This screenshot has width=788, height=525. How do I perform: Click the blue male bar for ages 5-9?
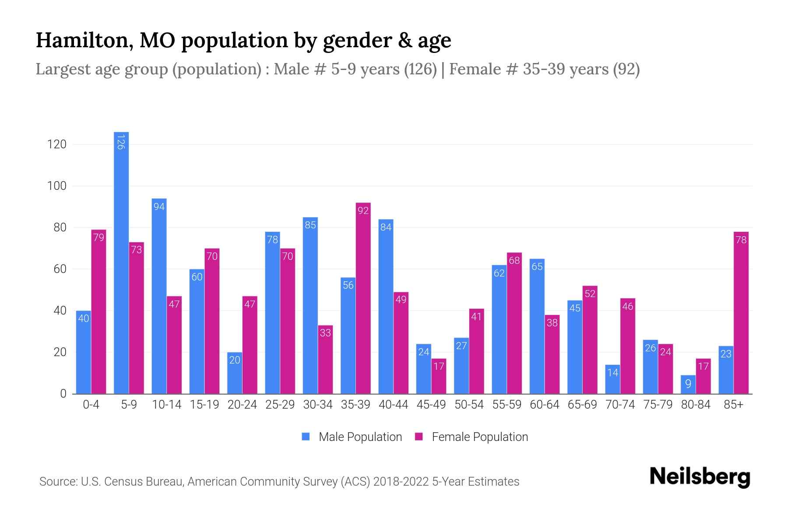point(121,262)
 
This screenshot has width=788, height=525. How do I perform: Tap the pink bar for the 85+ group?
point(741,315)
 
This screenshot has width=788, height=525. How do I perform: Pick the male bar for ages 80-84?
point(688,385)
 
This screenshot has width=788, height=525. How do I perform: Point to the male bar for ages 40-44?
point(386,306)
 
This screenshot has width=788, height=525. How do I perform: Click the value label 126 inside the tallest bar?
point(121,142)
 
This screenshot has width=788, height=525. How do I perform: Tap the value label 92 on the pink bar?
point(363,211)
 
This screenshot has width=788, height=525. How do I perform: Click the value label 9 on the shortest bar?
point(688,384)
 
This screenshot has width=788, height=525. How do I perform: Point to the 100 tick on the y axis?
point(57,186)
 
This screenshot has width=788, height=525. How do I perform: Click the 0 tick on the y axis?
point(63,394)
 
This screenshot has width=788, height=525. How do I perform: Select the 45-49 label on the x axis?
point(431,405)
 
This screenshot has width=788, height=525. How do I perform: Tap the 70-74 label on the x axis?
point(620,405)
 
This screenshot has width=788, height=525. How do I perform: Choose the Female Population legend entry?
point(471,437)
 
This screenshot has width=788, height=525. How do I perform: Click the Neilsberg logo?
point(700,477)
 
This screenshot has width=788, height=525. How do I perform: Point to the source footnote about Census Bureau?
point(279,482)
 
